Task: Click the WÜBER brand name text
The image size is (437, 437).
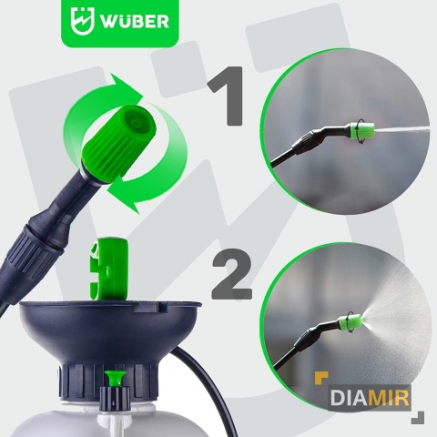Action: click(135, 21)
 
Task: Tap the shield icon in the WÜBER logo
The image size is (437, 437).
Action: click(82, 21)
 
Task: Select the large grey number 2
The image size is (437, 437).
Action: click(232, 274)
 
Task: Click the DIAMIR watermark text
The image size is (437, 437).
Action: click(370, 398)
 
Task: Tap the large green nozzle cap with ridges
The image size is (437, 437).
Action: click(119, 143)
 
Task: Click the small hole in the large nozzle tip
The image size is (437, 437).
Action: click(136, 123)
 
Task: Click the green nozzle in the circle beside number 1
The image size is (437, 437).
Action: click(361, 131)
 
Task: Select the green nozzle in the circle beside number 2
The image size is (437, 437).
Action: click(351, 322)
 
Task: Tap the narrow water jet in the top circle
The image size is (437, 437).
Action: click(401, 129)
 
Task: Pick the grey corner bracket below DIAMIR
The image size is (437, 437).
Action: click(419, 418)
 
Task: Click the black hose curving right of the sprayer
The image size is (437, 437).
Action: click(209, 389)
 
